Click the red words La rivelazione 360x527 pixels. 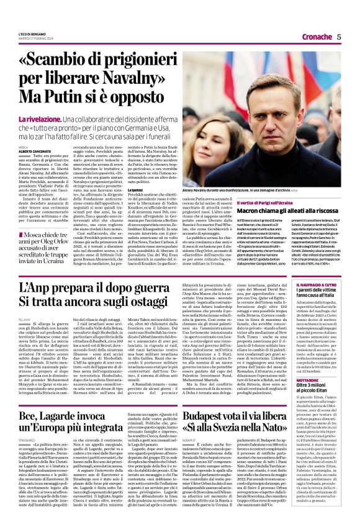[x=55, y=118]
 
